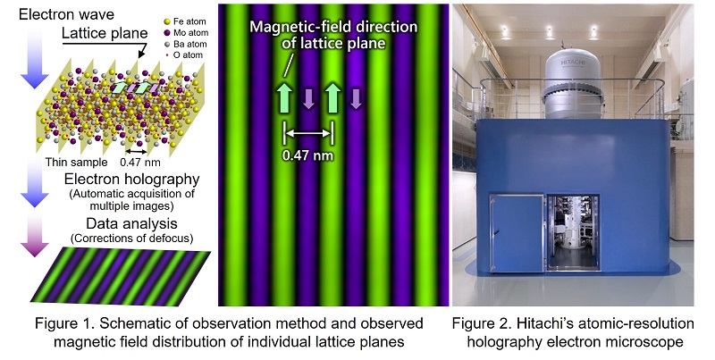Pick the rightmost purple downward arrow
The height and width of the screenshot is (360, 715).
click(356, 98)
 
